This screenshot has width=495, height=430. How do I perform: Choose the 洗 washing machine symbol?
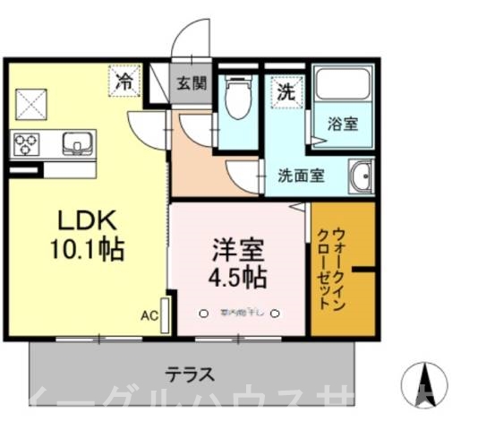pos(286,91)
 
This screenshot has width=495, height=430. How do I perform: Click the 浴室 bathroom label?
pos(342,124)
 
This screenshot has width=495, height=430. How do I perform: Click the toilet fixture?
pos(236,98)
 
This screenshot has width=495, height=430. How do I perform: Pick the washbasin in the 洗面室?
pos(362,176)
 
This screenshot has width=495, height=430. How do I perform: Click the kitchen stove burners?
pos(26,142)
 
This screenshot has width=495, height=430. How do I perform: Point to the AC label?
pos(148,315)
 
